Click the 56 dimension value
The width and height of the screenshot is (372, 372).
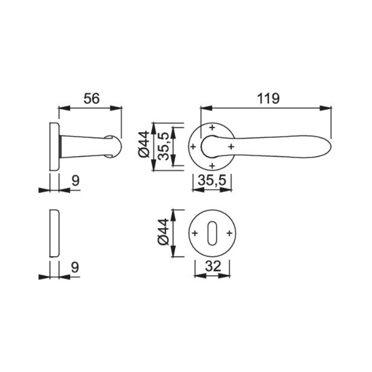(x=92, y=99)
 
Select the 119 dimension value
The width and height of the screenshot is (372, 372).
(x=268, y=99)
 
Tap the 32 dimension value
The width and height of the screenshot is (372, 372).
(x=213, y=266)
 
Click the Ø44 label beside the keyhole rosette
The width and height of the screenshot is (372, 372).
(x=163, y=232)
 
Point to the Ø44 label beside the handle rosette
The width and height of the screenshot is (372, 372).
(x=144, y=144)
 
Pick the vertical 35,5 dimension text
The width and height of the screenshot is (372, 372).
(x=163, y=146)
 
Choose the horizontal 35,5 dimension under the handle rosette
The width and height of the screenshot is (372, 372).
(x=212, y=181)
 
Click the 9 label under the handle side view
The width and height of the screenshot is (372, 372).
(x=75, y=181)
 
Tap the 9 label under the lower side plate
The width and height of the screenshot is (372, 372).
(x=75, y=268)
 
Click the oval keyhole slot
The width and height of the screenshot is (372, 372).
(x=212, y=233)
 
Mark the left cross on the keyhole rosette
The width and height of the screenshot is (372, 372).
(x=195, y=234)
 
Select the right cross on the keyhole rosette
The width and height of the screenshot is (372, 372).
(x=230, y=234)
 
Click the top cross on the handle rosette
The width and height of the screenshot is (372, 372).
(x=212, y=127)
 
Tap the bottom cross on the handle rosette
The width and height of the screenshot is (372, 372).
(x=212, y=166)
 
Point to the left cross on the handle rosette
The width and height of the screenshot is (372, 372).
(x=193, y=147)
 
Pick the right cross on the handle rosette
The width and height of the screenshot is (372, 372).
(x=231, y=147)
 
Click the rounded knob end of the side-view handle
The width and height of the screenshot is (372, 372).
(x=114, y=146)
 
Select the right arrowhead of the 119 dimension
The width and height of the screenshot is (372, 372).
(x=325, y=108)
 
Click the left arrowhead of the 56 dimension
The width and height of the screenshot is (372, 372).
(x=65, y=108)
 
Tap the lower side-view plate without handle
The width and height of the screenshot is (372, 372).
(x=55, y=233)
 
